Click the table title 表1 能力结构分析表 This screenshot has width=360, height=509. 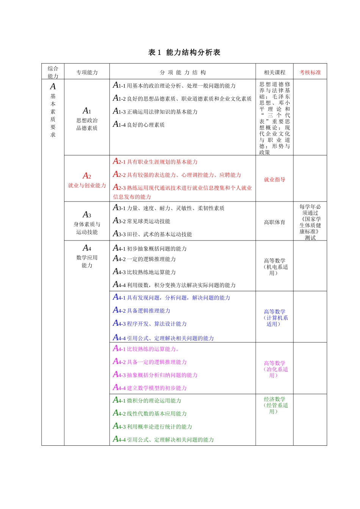coord(184,53)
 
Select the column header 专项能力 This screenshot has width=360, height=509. coord(87,72)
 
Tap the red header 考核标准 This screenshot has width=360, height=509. coord(310,72)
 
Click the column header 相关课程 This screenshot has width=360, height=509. coord(274,72)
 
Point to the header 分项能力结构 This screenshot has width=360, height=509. coord(183,72)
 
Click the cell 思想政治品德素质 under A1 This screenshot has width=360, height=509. coord(87,124)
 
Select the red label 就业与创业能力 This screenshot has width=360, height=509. coord(87,185)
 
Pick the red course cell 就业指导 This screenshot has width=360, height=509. coord(274,180)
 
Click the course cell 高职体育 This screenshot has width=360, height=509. coord(274,222)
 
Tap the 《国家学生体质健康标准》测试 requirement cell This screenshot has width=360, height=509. coord(310,222)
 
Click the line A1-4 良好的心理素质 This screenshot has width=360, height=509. coord(139,125)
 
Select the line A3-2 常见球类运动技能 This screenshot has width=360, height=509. coord(142,221)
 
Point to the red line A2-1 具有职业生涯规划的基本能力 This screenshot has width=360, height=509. coord(155,162)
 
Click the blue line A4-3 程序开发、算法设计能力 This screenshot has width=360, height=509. coord(150,324)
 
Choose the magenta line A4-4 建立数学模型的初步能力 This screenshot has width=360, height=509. coord(150,388)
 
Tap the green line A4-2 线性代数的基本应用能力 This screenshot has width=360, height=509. coord(150,414)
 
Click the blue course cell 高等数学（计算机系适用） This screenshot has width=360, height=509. coord(275,318)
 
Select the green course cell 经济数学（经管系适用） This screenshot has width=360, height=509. coord(275,405)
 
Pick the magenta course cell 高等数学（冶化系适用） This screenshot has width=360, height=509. coord(275,369)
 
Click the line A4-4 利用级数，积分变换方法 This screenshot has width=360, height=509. coord(174,285)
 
